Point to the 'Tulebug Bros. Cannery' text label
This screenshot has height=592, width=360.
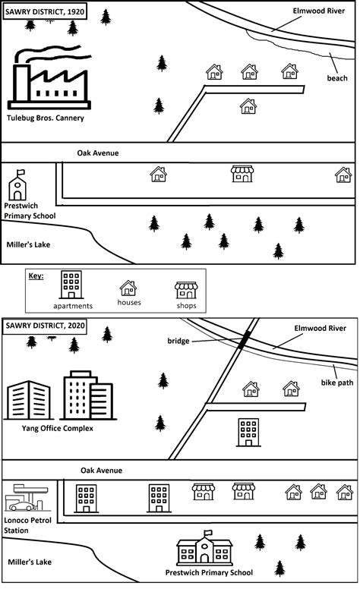[45, 118]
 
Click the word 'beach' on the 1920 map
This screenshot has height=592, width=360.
[337, 78]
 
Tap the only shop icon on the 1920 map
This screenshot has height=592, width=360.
[242, 175]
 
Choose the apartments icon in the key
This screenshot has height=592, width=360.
[72, 285]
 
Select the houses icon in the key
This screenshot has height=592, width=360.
[128, 288]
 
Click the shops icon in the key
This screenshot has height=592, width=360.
[185, 289]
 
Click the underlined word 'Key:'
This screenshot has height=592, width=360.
[36, 276]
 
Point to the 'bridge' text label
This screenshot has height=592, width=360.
[178, 342]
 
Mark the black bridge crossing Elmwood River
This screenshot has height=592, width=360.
[243, 342]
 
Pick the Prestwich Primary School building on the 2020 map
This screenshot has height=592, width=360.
[204, 548]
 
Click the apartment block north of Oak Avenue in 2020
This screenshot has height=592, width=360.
[248, 431]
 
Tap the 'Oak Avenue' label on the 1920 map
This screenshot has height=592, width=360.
[98, 153]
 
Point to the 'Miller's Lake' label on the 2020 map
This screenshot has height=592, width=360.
[29, 562]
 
